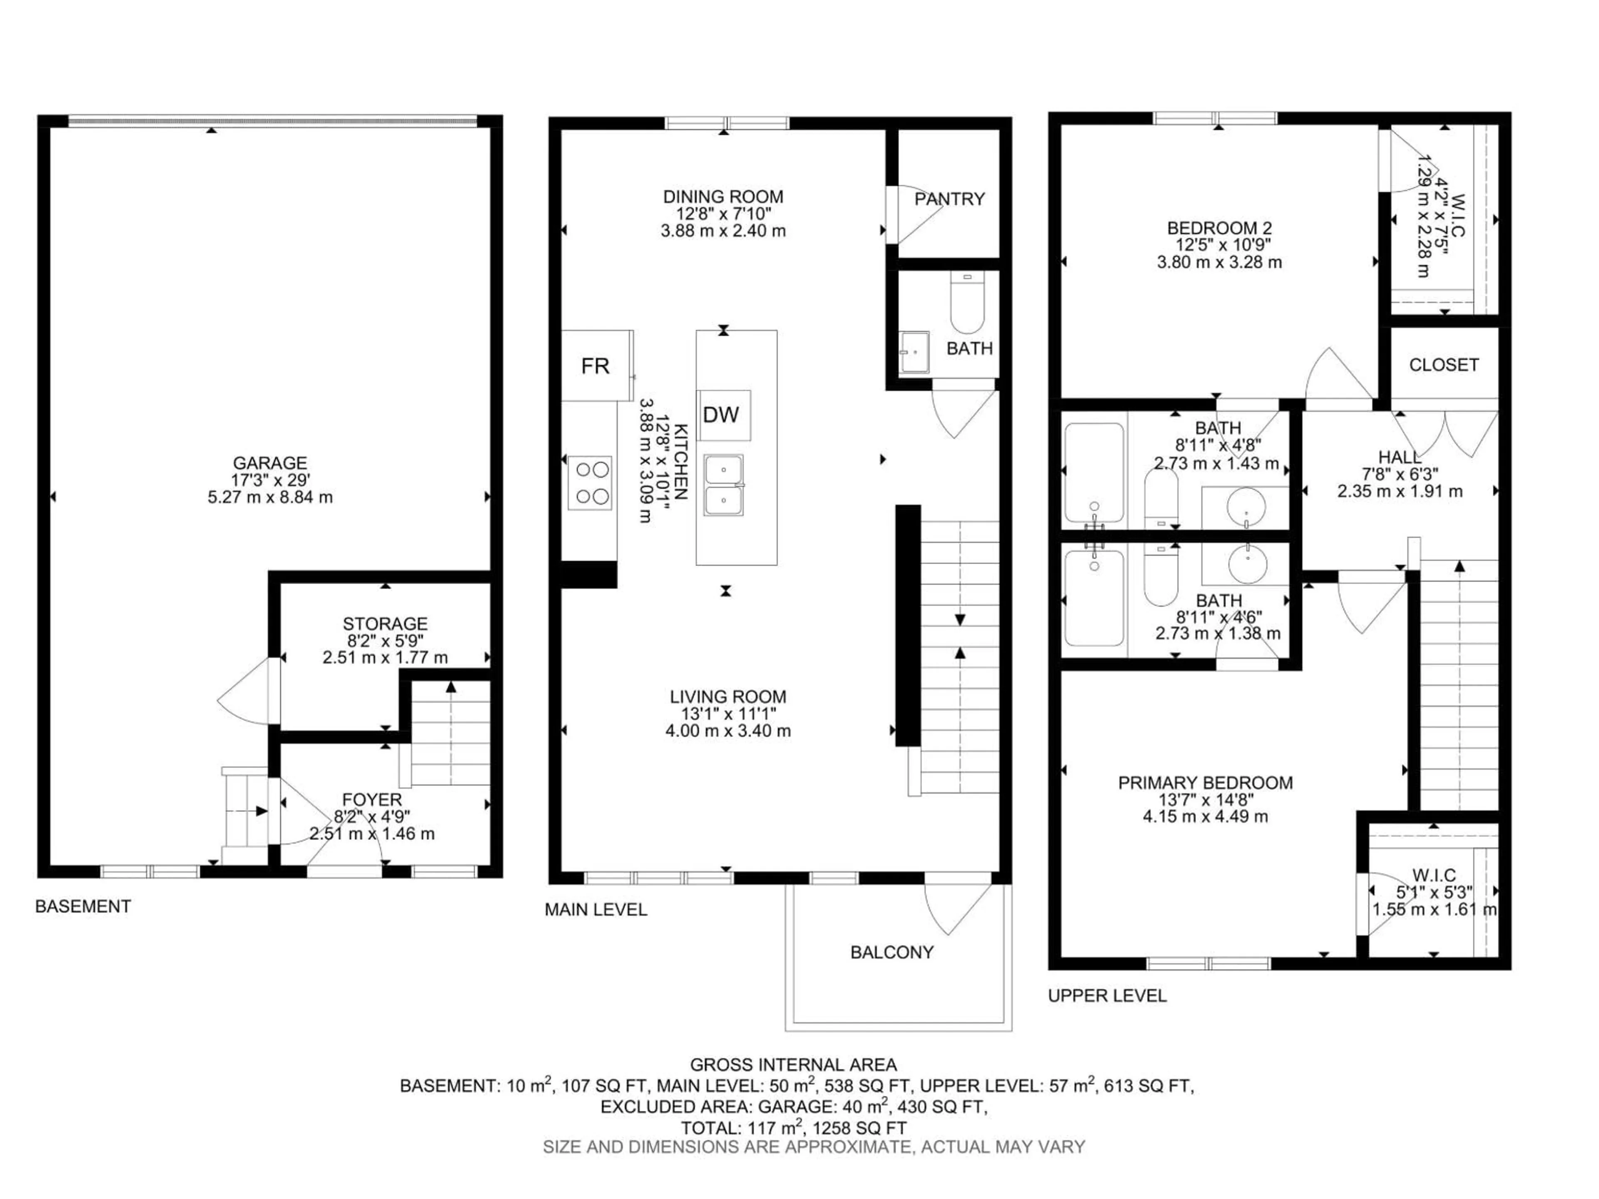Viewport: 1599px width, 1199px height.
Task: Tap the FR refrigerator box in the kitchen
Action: pos(595,366)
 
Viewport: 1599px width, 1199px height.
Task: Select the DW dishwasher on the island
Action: pos(722,415)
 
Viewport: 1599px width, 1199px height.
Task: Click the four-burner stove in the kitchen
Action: pos(590,483)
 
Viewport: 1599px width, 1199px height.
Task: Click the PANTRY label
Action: pos(949,199)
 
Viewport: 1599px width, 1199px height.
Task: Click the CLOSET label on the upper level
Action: pos(1444,365)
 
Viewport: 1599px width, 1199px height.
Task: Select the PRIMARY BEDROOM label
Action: pos(1205,783)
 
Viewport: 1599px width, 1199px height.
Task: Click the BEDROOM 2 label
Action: pos(1219,229)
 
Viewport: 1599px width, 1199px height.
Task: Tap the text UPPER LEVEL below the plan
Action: pos(1107,996)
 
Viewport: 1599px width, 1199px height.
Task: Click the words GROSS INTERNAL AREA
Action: pos(793,1065)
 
